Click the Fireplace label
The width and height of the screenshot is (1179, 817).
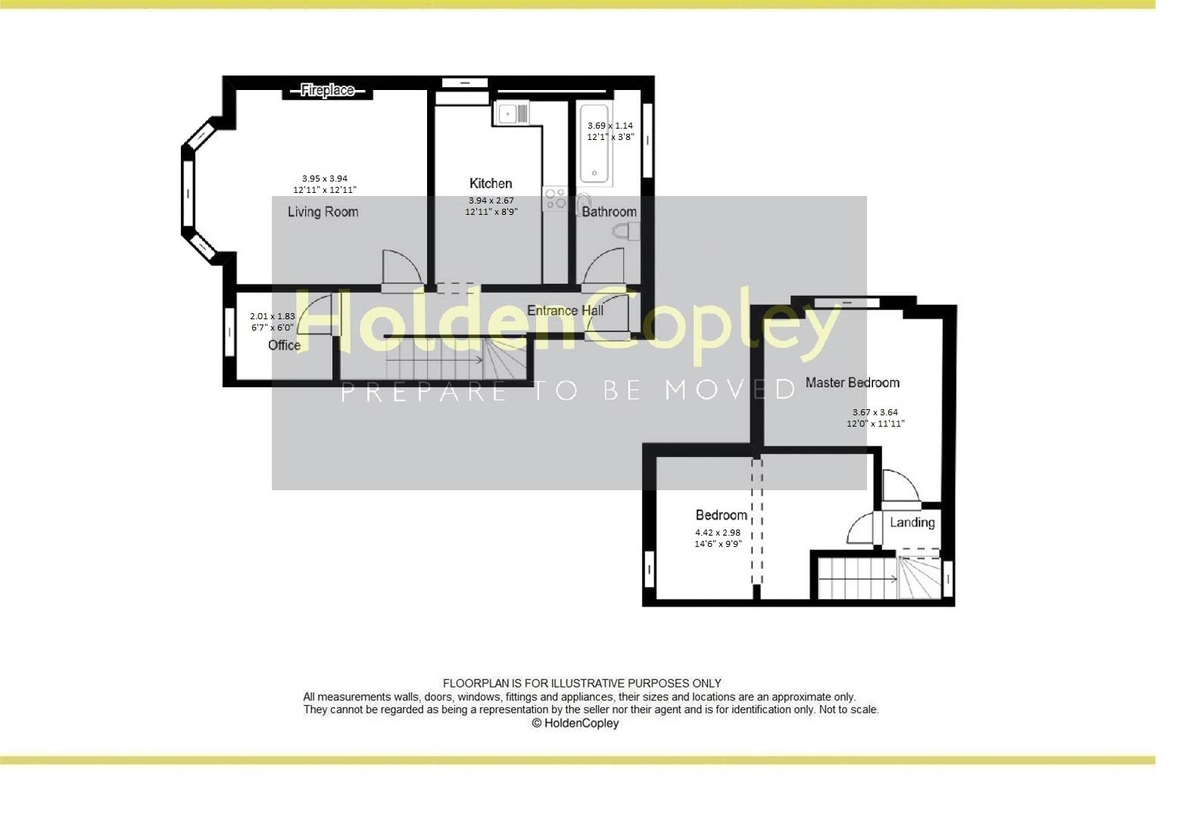[327, 90]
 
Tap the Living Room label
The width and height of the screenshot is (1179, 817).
[323, 212]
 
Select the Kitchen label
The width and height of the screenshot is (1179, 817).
[491, 183]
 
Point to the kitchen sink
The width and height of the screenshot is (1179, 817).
[512, 114]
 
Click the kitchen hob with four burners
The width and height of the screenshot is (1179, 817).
[555, 199]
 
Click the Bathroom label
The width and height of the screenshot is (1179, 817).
[609, 212]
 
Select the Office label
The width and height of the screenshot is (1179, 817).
[284, 345]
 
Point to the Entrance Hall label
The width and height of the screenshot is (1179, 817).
[565, 310]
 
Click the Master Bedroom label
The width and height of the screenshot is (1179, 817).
[852, 382]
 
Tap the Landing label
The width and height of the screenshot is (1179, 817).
[912, 522]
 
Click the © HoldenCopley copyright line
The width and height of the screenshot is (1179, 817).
[575, 723]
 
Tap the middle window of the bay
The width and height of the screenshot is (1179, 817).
[188, 194]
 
